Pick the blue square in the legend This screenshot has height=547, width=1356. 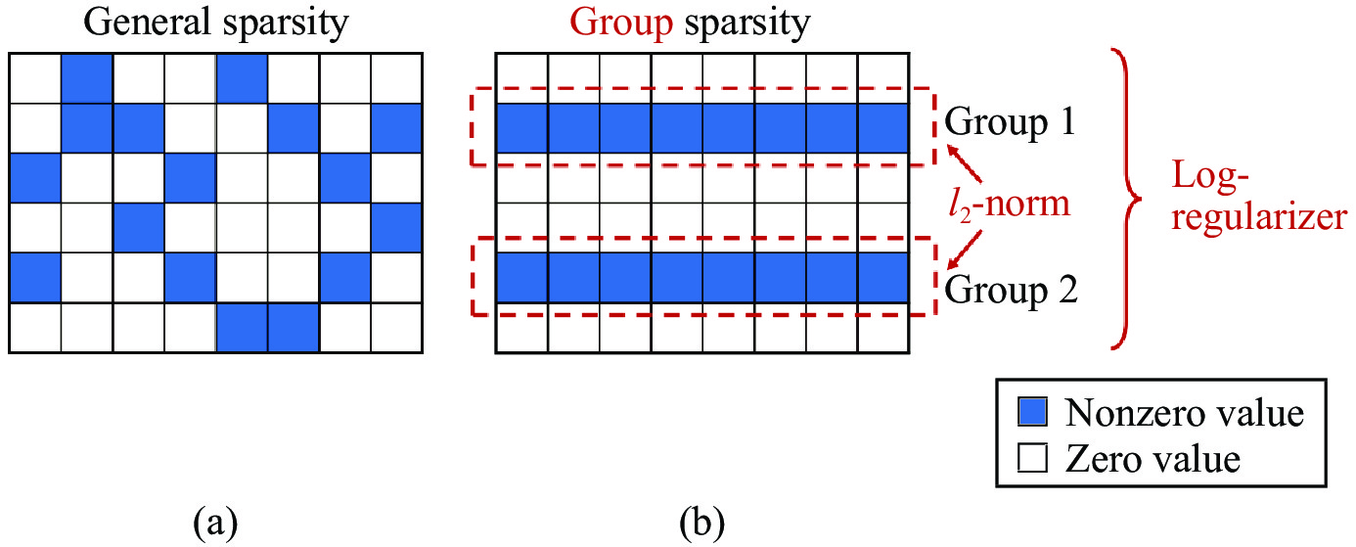[1034, 413]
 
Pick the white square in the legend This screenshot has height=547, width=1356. [1034, 457]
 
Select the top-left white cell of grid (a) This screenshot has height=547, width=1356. [35, 76]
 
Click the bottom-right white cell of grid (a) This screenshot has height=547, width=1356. [395, 328]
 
